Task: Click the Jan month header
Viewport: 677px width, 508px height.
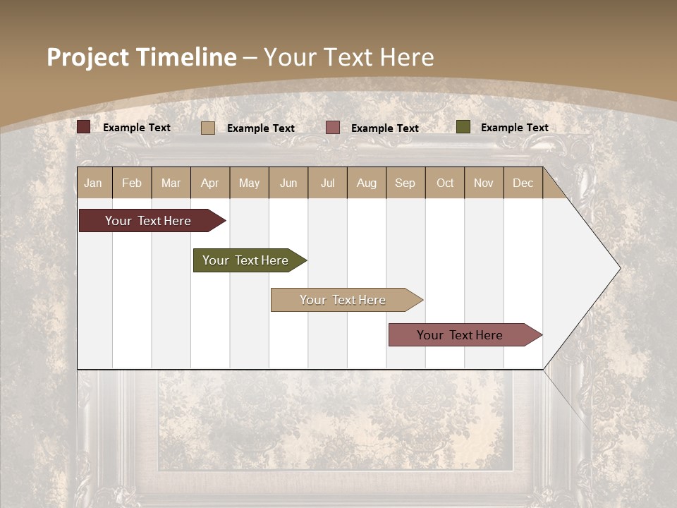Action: click(93, 183)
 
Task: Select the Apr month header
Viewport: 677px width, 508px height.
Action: click(209, 183)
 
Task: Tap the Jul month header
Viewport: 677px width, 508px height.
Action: click(327, 183)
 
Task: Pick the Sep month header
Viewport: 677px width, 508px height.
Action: click(405, 183)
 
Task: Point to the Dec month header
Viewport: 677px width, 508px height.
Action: click(523, 183)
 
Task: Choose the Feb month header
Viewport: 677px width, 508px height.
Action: click(132, 183)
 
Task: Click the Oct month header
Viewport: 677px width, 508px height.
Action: click(445, 183)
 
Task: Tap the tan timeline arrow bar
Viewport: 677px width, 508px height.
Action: click(343, 300)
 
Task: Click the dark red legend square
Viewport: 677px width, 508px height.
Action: click(83, 127)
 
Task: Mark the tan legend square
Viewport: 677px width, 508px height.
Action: click(207, 128)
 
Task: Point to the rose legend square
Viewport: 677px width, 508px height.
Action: click(333, 128)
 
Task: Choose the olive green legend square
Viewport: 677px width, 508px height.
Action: click(463, 127)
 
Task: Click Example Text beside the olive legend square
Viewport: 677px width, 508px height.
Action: click(514, 128)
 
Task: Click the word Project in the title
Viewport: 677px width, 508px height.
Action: click(87, 57)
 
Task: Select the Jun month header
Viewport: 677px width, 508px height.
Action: click(288, 183)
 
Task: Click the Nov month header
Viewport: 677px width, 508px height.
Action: click(484, 183)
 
